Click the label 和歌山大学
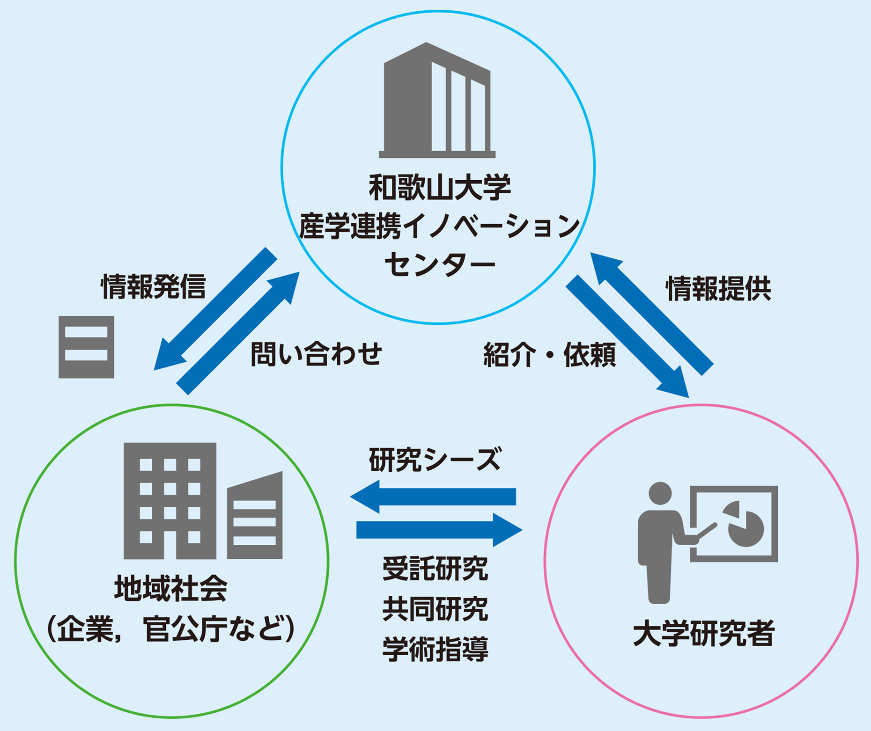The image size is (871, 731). pos(439,188)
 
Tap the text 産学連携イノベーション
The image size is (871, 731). pos(439,226)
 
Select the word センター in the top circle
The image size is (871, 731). pos(439,265)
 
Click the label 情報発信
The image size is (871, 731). pos(154,287)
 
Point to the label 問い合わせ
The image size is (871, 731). pos(317,354)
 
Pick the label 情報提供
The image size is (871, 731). pos(718,289)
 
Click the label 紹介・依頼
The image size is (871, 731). pos(549,355)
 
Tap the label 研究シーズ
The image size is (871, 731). pos(435,460)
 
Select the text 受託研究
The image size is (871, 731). pos(435,569)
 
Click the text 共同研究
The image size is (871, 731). pos(435,609)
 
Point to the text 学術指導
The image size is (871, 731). pos(435,649)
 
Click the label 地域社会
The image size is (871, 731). pos(171,588)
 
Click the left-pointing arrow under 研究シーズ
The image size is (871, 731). pos(433,497)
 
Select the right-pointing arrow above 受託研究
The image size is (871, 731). pos(439,530)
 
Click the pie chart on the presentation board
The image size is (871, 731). pos(745,524)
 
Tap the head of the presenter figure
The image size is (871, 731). pos(660,493)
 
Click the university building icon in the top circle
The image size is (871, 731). pos(437,101)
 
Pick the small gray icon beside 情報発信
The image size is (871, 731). pos(86,347)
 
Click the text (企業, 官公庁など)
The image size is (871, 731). pos(171,629)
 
